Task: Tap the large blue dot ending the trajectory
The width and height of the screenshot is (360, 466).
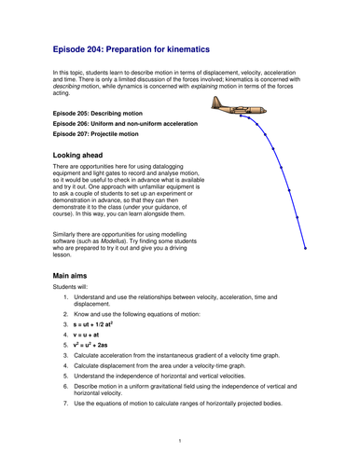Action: click(x=306, y=248)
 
